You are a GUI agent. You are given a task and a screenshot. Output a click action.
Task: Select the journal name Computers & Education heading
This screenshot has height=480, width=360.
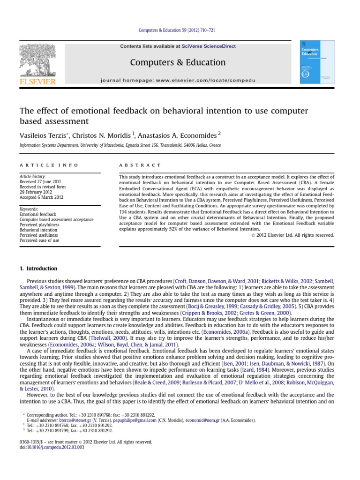[178, 62]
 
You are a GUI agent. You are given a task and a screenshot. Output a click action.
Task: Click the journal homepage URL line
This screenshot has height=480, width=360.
[178, 81]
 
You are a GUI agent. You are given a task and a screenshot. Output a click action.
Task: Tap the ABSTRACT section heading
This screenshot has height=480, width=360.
[140, 165]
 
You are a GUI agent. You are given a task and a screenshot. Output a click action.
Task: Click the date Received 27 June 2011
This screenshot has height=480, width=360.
[40, 181]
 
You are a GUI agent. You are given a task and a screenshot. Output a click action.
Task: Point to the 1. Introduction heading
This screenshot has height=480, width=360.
[38, 269]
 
